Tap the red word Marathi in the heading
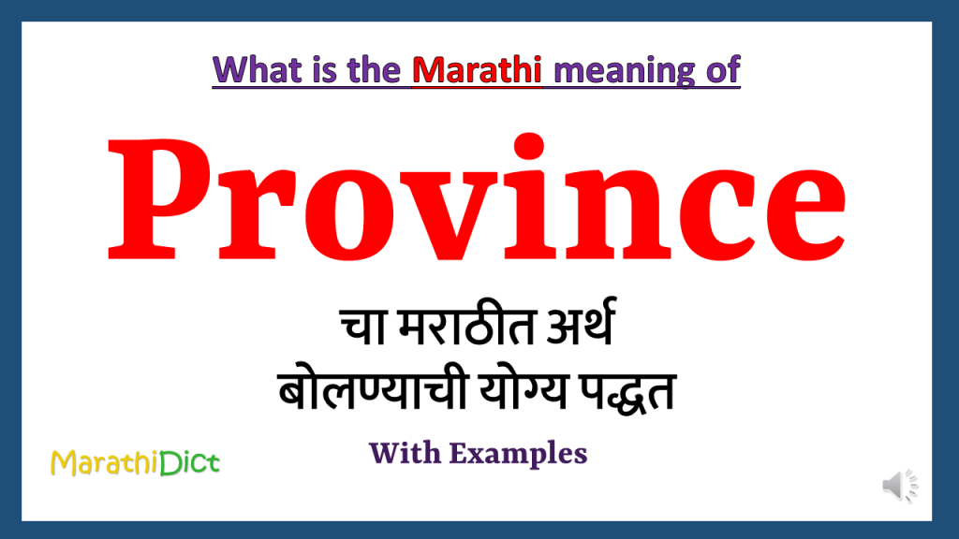(478, 70)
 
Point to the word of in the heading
(725, 70)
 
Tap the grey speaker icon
(898, 486)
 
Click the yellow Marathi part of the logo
(103, 461)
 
